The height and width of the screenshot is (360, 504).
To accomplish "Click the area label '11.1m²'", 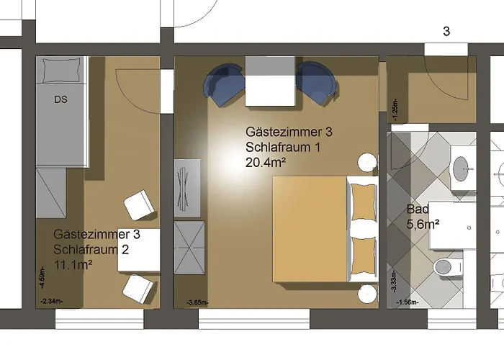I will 75,264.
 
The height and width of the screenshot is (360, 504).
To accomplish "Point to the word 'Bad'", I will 418,210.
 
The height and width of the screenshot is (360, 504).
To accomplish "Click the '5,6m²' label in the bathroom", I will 423,224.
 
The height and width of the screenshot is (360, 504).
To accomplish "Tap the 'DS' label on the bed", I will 60,100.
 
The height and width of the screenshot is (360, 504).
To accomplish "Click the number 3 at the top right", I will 446,32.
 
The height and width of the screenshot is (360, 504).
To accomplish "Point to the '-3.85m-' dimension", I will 197,302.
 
